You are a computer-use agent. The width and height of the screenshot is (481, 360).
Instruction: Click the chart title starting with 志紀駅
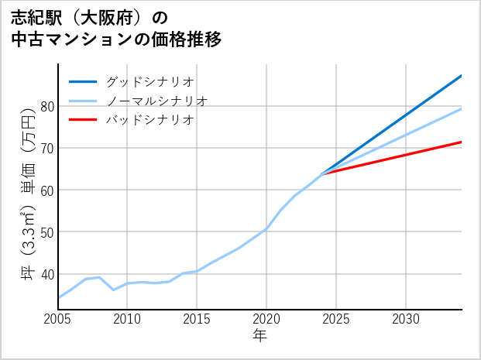(x=116, y=28)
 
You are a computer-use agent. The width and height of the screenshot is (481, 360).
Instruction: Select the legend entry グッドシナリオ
(x=149, y=81)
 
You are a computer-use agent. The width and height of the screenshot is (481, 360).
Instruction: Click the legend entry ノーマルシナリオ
(x=156, y=101)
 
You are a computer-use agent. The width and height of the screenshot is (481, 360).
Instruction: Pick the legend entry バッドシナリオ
(x=149, y=120)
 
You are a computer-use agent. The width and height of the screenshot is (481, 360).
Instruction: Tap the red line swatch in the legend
(x=83, y=120)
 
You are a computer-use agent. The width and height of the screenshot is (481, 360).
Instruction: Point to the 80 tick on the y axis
(x=46, y=106)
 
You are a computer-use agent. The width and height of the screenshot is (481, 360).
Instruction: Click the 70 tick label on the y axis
(x=46, y=148)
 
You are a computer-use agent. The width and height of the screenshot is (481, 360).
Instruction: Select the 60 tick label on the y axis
(x=46, y=190)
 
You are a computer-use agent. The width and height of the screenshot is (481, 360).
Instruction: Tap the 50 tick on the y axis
(x=46, y=232)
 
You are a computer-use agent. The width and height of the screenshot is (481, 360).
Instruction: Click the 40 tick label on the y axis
(x=46, y=274)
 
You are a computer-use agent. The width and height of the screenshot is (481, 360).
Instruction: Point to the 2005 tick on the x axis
(x=58, y=319)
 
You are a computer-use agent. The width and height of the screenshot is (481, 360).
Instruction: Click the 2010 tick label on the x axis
(x=128, y=319)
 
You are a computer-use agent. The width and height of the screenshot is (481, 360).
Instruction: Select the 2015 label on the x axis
(x=198, y=319)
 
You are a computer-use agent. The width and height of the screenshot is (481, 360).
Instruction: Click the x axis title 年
(x=260, y=336)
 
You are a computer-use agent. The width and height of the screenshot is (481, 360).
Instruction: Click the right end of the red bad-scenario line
(x=462, y=142)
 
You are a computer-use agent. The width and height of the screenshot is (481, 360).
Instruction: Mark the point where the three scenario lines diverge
(x=322, y=173)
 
